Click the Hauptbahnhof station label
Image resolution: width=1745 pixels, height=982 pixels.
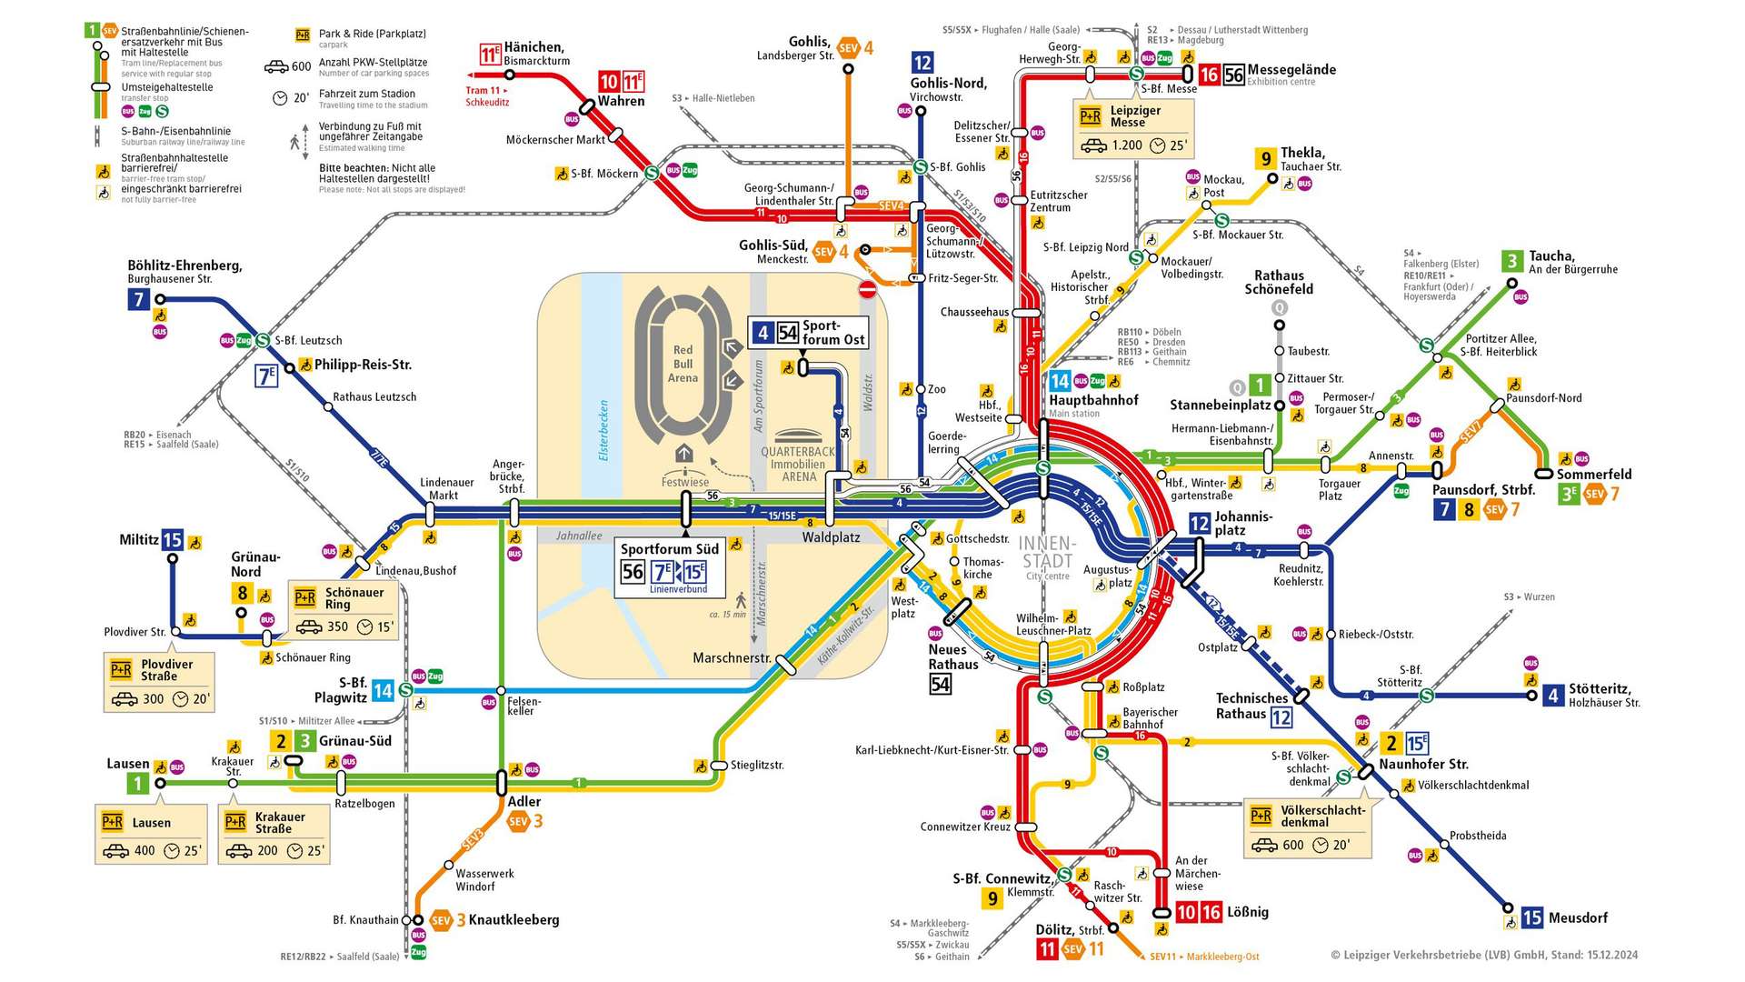click(1093, 400)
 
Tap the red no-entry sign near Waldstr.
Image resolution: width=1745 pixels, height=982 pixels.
click(867, 289)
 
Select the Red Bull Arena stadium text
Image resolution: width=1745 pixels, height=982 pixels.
click(683, 364)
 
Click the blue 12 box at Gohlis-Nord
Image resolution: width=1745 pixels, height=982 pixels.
click(922, 62)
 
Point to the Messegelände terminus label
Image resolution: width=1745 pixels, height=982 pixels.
click(1291, 70)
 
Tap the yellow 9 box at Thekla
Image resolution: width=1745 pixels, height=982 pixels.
click(1265, 159)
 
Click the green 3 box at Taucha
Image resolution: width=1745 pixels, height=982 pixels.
click(1511, 261)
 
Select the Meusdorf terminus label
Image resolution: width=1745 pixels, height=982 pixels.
click(1578, 918)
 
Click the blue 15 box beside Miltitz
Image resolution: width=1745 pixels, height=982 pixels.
click(172, 540)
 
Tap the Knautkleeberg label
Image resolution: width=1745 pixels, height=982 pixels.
click(514, 920)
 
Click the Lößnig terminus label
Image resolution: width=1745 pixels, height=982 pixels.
click(1247, 912)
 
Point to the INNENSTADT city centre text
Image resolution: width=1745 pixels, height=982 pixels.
click(1047, 553)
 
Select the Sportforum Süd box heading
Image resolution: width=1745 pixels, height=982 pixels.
click(669, 549)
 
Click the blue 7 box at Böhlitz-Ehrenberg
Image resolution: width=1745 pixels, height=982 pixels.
click(138, 298)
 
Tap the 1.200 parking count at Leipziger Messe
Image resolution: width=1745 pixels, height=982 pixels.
click(1127, 145)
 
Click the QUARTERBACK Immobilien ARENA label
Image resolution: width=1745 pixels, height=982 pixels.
click(798, 464)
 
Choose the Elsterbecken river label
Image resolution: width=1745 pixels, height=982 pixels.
click(603, 430)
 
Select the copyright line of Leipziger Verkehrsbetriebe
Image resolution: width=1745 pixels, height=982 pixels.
click(1483, 955)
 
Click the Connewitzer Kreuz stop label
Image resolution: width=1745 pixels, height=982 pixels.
click(964, 827)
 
